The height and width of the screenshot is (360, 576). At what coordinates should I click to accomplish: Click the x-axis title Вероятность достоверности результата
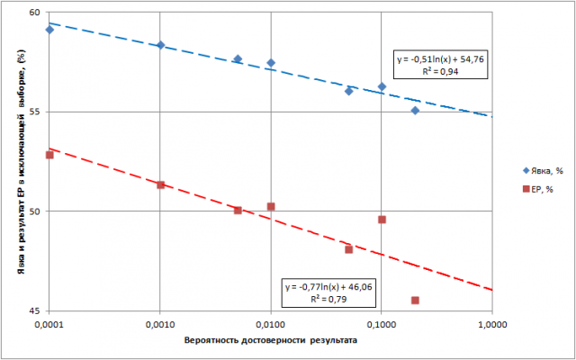(x=269, y=343)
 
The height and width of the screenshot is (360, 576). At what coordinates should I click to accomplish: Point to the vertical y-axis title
(x=15, y=162)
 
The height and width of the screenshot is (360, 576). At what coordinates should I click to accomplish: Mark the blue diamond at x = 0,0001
(x=49, y=30)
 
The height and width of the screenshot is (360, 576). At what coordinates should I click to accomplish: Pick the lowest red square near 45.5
(x=415, y=301)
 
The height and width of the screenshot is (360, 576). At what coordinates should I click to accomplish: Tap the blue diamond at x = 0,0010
(x=160, y=45)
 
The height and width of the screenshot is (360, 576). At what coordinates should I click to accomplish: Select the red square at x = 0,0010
(x=160, y=185)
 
